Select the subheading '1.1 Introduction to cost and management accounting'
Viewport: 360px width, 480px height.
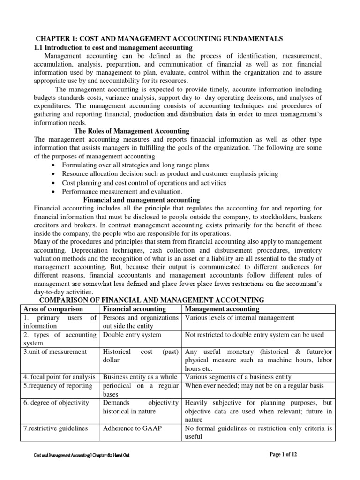point(113,47)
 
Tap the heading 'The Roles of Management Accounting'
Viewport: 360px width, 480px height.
point(132,131)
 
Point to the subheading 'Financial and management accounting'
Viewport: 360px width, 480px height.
point(142,200)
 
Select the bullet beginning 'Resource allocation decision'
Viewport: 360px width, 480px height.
point(170,174)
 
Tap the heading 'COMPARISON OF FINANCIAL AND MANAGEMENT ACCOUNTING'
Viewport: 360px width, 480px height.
point(151,300)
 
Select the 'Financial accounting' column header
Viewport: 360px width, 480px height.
point(135,309)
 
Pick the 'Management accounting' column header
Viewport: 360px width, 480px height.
point(222,309)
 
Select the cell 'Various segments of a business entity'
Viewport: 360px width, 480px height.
point(238,376)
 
